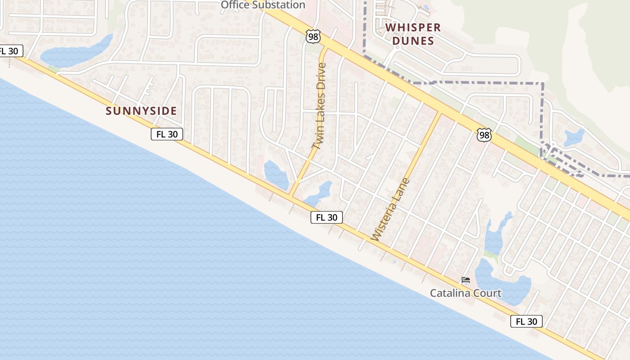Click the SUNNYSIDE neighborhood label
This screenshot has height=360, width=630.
click(x=141, y=111)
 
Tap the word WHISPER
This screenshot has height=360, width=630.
click(x=413, y=27)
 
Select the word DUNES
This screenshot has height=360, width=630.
click(x=413, y=41)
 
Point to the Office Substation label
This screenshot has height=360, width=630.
click(x=263, y=5)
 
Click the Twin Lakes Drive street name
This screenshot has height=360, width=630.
click(x=319, y=106)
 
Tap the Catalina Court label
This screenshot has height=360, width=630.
click(x=465, y=293)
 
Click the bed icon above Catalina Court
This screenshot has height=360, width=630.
click(x=466, y=280)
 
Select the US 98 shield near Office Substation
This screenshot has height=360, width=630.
click(x=313, y=36)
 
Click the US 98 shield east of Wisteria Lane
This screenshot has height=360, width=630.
click(x=484, y=135)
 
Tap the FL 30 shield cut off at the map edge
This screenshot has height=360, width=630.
click(x=10, y=51)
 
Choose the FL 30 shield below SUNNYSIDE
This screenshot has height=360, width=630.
click(x=167, y=134)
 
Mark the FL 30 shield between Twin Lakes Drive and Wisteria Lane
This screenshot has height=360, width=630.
click(x=327, y=217)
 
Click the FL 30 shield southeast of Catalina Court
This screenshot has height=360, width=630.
click(x=526, y=321)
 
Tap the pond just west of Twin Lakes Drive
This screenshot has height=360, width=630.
click(x=276, y=175)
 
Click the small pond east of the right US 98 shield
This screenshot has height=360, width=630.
click(x=574, y=137)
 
